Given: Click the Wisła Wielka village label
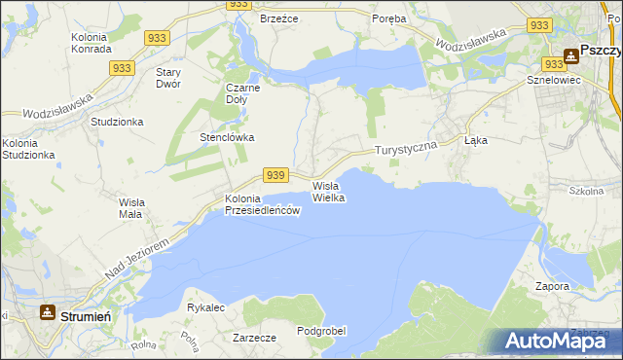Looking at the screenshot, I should [328, 191].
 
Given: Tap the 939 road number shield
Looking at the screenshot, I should [275, 175].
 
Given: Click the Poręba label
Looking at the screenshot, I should [390, 18].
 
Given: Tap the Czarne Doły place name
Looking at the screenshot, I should [243, 92].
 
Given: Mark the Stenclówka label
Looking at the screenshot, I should [227, 137].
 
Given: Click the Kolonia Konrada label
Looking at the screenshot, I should [93, 44].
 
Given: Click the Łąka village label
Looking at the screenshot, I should [476, 140].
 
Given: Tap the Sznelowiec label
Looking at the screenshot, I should [553, 80].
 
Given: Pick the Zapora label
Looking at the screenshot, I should [552, 287].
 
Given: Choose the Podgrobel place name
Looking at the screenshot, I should [322, 331].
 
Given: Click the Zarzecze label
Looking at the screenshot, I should [255, 338].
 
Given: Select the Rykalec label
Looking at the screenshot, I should [205, 307].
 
